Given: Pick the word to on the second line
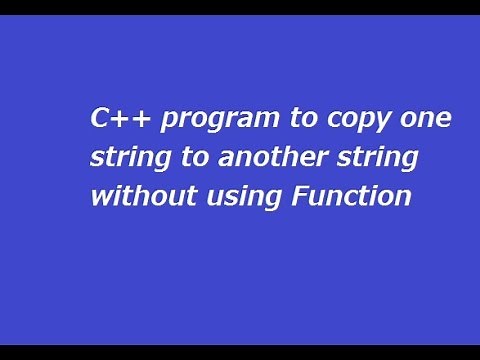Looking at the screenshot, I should tap(186, 156).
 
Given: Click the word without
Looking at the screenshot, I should tap(135, 194).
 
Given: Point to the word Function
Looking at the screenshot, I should tap(351, 195).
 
